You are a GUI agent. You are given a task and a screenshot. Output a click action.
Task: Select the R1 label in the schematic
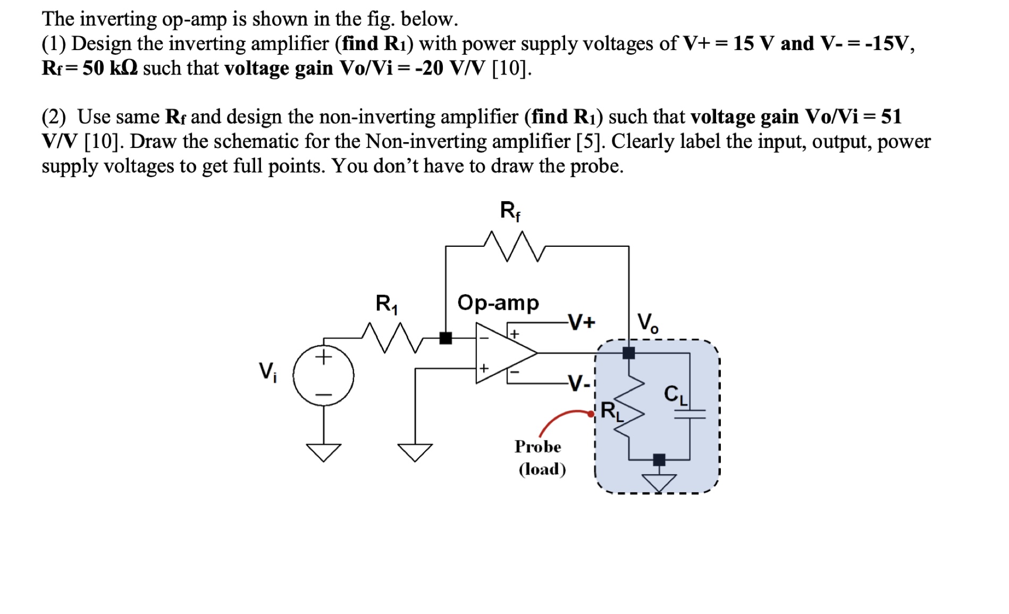coord(386,304)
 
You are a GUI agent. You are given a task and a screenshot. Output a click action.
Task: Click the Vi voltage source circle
coord(323,375)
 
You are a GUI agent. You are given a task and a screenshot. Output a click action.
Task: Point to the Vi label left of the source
coord(267,371)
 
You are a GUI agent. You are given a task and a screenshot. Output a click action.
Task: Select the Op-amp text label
coord(498,302)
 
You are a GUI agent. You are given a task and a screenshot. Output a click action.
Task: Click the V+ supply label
coord(582,322)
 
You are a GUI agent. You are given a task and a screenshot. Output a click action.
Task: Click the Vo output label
coord(648,322)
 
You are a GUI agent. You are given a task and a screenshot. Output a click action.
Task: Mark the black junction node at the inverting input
coord(445,338)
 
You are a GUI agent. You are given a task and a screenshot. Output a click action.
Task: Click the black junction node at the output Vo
coord(628,353)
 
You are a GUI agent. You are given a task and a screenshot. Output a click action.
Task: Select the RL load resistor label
coord(611,411)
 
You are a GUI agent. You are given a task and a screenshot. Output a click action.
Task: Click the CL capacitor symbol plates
coord(690,414)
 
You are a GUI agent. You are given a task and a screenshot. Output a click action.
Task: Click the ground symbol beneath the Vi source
coord(323,452)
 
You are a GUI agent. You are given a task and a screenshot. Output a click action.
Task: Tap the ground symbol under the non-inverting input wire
coord(416,452)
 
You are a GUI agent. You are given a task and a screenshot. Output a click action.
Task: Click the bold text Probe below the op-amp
coord(537,446)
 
